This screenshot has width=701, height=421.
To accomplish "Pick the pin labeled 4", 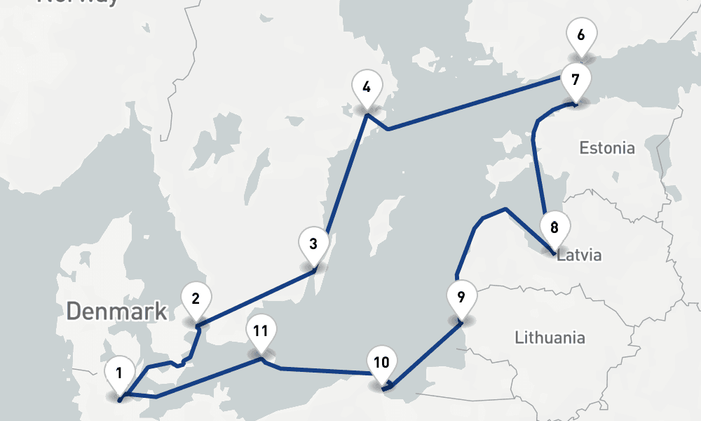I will point(366,88).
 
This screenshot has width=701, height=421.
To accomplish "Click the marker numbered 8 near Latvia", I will point(554,228).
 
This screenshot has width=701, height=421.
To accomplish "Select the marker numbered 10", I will point(381,364).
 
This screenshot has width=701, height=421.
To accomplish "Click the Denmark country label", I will point(117,312).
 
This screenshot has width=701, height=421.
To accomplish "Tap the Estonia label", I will point(607,148).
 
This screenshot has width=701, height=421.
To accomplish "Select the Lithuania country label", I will point(550,338).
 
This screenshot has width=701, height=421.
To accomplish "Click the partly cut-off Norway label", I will point(79,3).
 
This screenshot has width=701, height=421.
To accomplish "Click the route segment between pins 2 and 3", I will point(256,298).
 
